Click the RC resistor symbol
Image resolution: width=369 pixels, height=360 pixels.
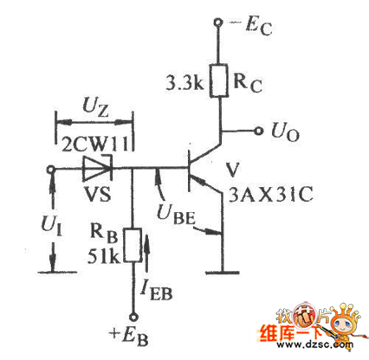click(218, 80)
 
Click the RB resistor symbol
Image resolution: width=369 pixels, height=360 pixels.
click(133, 245)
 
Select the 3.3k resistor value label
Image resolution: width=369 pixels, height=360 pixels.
click(184, 83)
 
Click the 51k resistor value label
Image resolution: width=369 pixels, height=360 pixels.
click(103, 255)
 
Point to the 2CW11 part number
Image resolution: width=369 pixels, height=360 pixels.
click(94, 144)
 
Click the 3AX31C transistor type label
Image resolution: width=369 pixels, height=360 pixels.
click(270, 195)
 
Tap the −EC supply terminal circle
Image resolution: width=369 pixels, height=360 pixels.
click(218, 22)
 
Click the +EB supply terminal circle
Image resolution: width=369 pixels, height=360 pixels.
click(133, 318)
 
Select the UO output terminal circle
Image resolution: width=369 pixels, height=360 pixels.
click(259, 131)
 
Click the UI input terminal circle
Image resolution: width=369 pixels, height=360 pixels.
click(51, 170)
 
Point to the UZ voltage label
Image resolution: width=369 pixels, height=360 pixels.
click(95, 106)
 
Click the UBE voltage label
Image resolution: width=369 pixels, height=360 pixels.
click(176, 215)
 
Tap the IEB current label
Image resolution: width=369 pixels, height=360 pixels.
click(156, 292)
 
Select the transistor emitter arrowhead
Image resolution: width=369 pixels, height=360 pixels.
click(200, 181)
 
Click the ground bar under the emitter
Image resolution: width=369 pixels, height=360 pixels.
click(223, 272)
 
